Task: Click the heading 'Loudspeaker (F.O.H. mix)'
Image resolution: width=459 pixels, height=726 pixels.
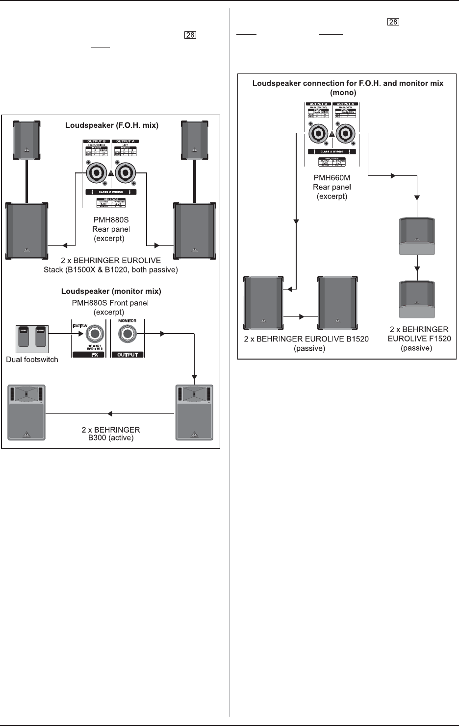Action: point(112,125)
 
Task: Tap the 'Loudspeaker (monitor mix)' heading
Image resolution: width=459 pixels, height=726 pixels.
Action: point(111,291)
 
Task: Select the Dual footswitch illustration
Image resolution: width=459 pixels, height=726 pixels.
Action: point(33,339)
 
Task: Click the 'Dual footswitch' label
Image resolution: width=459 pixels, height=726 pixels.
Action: point(32,360)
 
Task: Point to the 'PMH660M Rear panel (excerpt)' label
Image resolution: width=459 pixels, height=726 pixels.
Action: point(332,187)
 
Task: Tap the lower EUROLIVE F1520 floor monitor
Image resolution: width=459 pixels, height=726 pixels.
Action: point(417,299)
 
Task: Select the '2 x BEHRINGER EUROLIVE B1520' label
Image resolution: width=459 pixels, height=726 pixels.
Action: point(306,339)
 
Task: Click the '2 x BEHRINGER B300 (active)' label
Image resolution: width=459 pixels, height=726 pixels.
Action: point(111,434)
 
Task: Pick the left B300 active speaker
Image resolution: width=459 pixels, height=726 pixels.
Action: point(27,412)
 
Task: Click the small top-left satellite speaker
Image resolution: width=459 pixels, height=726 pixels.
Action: point(27,141)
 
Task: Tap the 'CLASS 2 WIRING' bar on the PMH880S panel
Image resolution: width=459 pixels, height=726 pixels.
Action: point(111,192)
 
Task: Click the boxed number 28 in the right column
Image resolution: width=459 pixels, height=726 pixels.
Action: point(393,22)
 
